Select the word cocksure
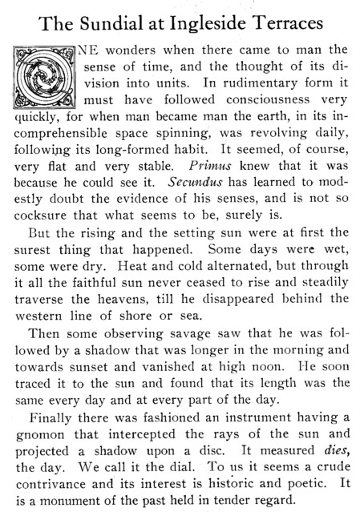click(50, 227)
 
